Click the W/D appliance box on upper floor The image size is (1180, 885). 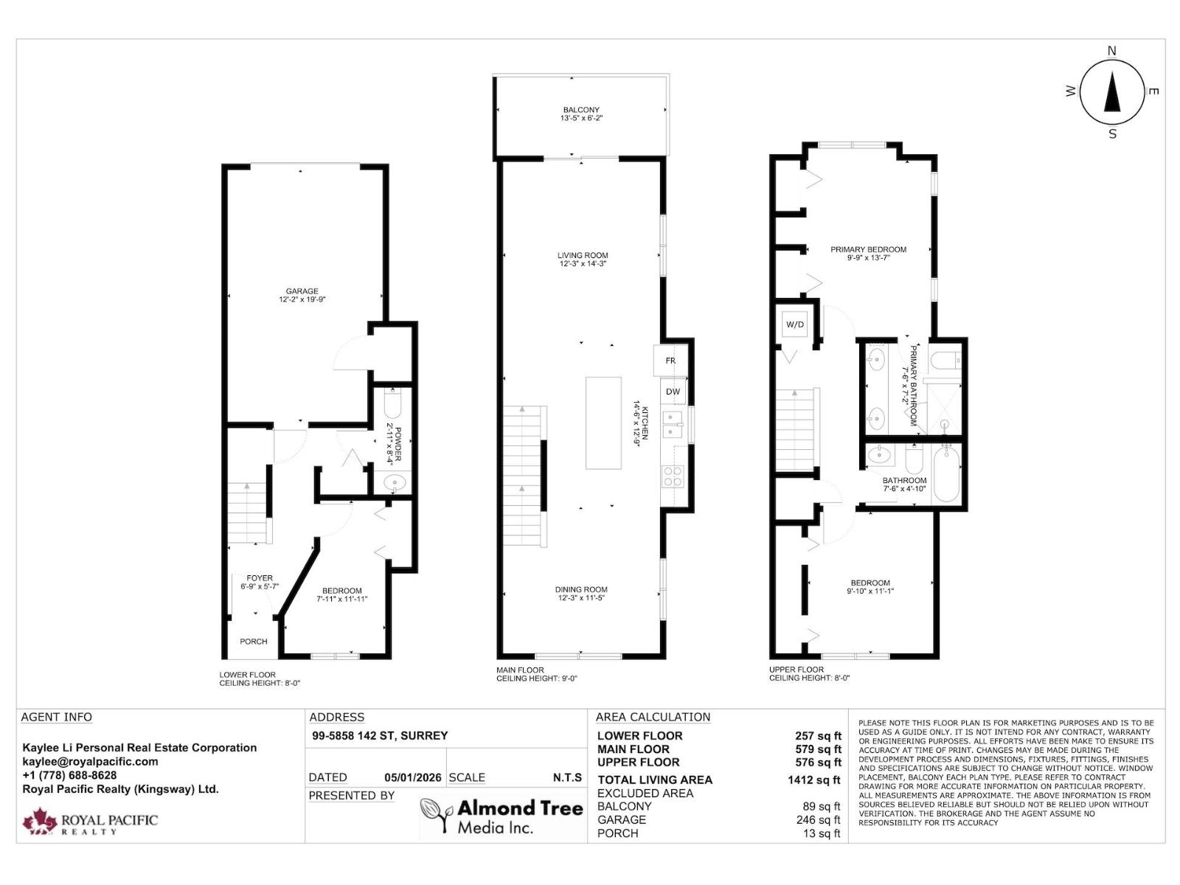794,324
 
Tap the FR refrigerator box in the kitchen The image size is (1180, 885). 670,360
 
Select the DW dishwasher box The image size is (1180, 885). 673,392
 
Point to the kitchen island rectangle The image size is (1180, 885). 603,423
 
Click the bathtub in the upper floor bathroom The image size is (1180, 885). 946,474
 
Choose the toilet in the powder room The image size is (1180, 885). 393,403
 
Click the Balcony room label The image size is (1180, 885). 581,110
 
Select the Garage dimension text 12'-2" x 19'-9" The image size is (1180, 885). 302,299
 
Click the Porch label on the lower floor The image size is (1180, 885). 253,641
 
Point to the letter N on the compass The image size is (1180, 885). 1111,51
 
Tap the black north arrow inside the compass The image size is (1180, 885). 1111,94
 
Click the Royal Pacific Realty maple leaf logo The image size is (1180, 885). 39,822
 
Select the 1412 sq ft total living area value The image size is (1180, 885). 814,780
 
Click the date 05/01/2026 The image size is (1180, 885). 413,777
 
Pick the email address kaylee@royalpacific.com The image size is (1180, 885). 90,761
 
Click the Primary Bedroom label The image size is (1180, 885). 868,249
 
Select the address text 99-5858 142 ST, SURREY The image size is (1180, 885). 380,735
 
